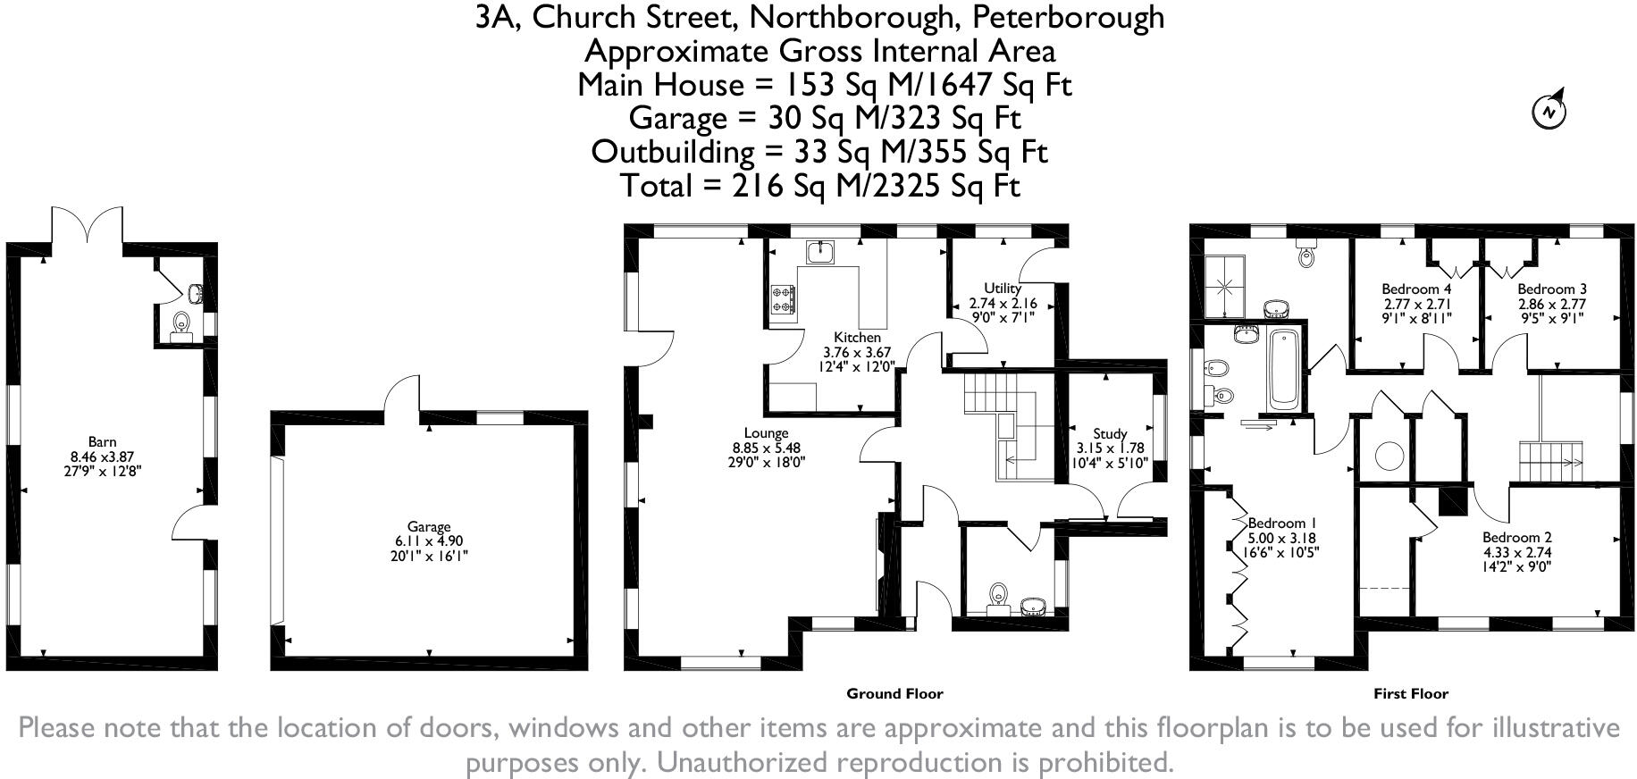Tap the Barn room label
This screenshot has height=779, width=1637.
click(x=102, y=441)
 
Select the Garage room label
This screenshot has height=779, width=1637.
click(x=429, y=527)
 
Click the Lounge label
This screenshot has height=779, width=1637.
click(x=766, y=433)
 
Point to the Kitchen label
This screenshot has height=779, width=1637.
click(x=857, y=338)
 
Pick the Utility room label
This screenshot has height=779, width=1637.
click(x=1002, y=289)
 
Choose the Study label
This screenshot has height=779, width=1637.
click(x=1110, y=434)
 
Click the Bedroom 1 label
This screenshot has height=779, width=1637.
click(x=1281, y=524)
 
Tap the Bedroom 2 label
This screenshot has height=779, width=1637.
click(x=1516, y=538)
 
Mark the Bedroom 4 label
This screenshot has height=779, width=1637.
click(x=1416, y=289)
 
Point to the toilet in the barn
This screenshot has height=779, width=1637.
click(x=181, y=324)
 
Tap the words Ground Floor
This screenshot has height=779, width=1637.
click(x=894, y=693)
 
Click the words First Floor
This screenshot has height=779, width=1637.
click(x=1410, y=693)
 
